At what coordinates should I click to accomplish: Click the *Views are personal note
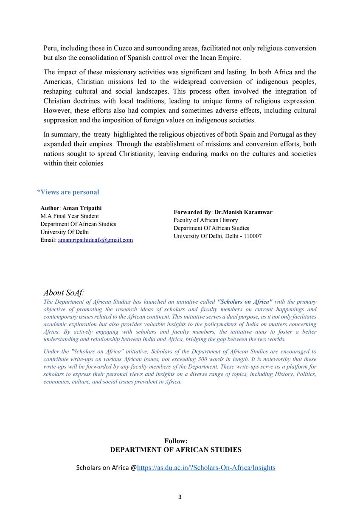tap(68, 192)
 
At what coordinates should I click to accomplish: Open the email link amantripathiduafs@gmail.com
tap(95, 240)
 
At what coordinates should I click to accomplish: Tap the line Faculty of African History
tap(205, 220)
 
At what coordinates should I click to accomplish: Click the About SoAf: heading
tap(64, 293)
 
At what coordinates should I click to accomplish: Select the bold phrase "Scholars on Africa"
tap(245, 302)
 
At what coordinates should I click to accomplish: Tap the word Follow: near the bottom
tap(176, 441)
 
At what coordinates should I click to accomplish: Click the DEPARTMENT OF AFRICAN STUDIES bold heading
tap(176, 449)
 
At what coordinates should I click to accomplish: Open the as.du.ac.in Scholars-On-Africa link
tap(206, 468)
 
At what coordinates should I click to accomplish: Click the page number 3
tap(180, 497)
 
